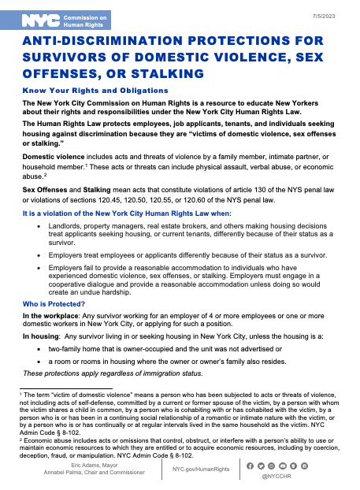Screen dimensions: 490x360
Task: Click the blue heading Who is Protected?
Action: pos(55,303)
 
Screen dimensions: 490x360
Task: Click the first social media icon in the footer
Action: pos(251,466)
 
